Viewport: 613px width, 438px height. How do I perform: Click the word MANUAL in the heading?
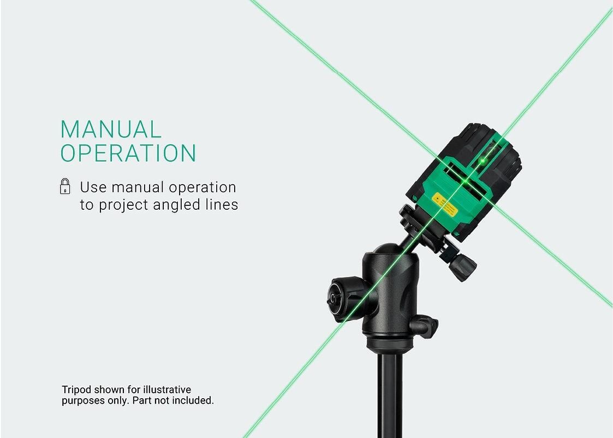[x=111, y=129]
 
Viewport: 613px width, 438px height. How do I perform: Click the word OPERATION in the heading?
[x=128, y=153]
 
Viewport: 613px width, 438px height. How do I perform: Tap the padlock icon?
[x=65, y=186]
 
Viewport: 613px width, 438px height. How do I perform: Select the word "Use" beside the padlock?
[x=93, y=187]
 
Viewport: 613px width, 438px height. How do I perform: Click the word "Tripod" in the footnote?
[x=76, y=390]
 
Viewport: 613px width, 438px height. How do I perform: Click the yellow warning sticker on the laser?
[x=445, y=205]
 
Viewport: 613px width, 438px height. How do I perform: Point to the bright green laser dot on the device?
[x=483, y=161]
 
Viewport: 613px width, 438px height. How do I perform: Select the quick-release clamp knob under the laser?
[x=462, y=267]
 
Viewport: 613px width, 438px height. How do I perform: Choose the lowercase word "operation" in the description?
[x=202, y=188]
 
